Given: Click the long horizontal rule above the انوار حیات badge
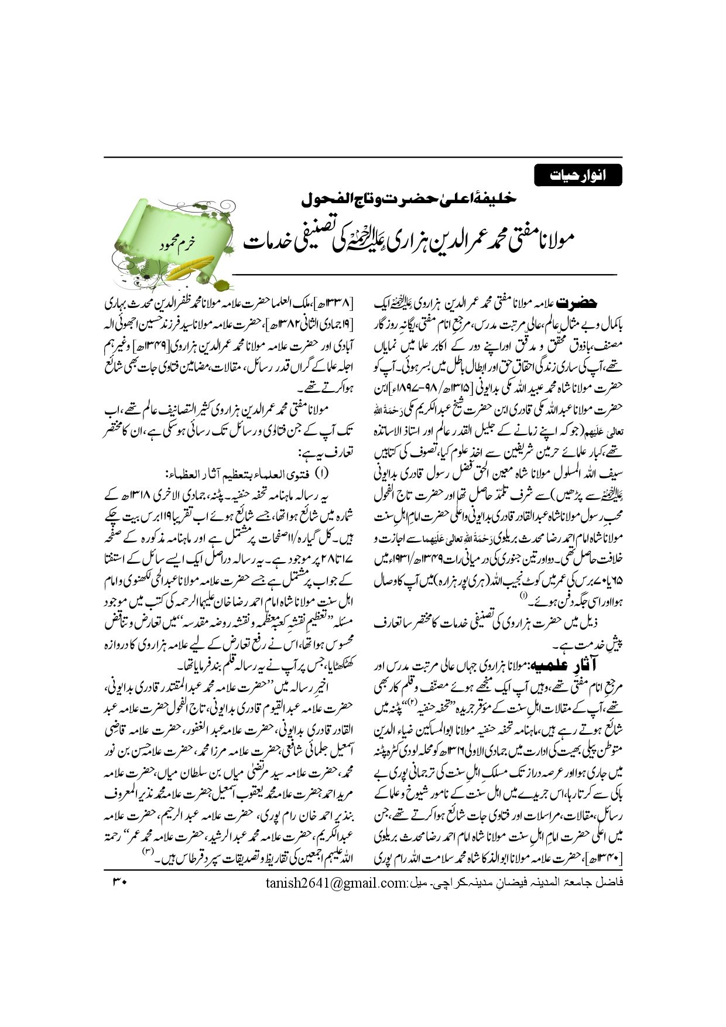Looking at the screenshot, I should (x=363, y=157).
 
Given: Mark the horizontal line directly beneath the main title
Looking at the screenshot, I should (x=424, y=274).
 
